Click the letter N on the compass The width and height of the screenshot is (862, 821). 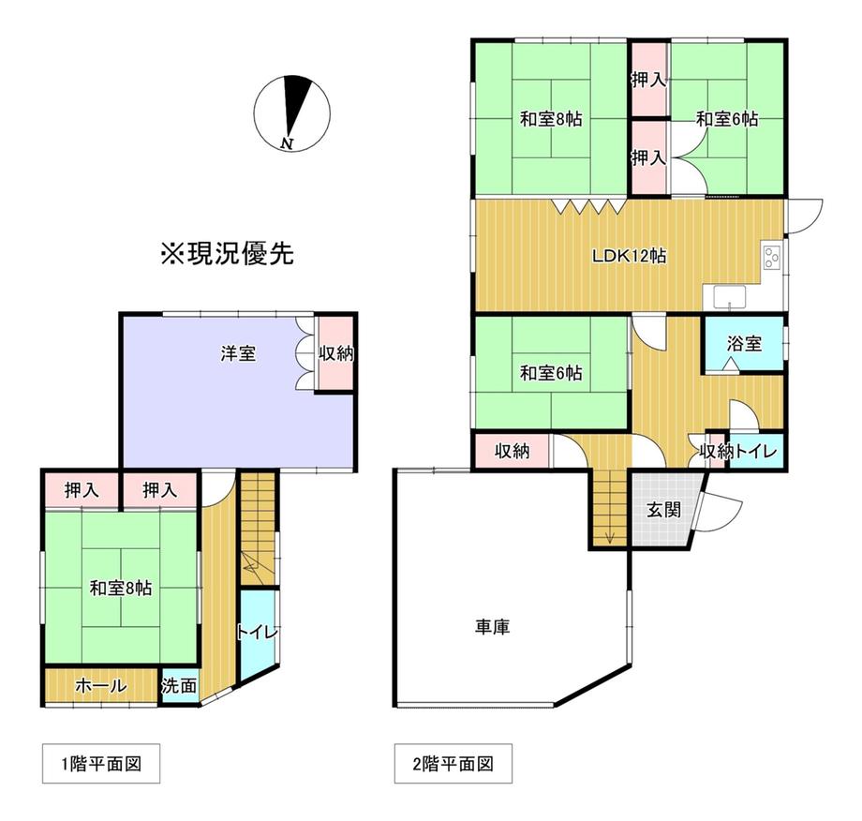[x=286, y=143]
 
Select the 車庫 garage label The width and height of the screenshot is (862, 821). [x=493, y=626]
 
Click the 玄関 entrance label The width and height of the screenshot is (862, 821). [x=664, y=510]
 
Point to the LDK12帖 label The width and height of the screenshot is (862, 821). [x=629, y=256]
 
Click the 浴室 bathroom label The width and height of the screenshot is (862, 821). [x=744, y=344]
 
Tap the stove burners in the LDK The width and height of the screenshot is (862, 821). [x=772, y=257]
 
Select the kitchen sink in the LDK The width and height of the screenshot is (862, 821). [x=730, y=297]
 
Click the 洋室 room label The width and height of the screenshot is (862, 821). [x=239, y=353]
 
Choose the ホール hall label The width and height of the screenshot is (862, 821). [x=101, y=686]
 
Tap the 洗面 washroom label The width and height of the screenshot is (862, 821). [x=179, y=686]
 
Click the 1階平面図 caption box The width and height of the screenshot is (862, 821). [x=101, y=763]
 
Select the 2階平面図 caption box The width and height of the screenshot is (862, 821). [x=453, y=763]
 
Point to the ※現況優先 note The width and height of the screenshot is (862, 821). [x=228, y=254]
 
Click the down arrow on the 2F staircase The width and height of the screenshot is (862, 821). [x=610, y=537]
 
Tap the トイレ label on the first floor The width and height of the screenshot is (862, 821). [x=258, y=633]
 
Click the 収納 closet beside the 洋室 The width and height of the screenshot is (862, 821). [x=334, y=353]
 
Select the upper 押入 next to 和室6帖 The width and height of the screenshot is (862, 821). [x=648, y=80]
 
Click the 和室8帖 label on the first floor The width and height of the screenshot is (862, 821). [x=121, y=588]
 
